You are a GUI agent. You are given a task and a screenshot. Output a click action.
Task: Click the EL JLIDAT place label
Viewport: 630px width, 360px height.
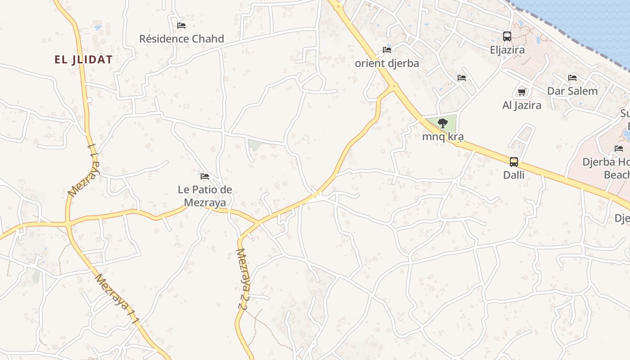pos(83,59)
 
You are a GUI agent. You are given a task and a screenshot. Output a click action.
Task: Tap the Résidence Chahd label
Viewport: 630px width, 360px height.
pos(181,39)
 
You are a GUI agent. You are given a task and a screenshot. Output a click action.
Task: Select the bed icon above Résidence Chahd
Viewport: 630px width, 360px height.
pos(181,25)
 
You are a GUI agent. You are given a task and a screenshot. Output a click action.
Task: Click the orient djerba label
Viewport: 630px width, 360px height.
pos(387,63)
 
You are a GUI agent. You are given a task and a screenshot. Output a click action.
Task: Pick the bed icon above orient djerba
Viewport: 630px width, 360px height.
pos(387,49)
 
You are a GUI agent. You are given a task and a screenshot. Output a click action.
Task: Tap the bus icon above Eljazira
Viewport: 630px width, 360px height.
pos(507,36)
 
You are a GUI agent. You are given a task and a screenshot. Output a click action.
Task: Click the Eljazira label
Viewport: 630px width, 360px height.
pos(507,49)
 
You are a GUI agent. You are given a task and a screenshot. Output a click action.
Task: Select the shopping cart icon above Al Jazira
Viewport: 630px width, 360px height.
pos(522,92)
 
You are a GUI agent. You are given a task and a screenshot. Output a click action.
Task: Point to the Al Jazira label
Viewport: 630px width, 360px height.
pos(522,105)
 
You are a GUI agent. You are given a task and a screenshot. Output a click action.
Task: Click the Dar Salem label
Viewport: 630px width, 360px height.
pos(572,91)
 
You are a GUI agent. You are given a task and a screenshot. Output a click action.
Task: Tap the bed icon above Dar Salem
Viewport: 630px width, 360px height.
pos(572,78)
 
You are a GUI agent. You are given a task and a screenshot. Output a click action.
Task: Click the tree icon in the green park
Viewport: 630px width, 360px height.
pos(443,123)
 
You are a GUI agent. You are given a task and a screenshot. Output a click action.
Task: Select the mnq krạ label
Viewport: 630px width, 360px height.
pos(443,136)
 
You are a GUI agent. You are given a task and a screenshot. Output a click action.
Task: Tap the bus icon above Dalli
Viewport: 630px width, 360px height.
pos(514,162)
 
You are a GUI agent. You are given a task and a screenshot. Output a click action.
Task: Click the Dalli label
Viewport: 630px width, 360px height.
pos(514,175)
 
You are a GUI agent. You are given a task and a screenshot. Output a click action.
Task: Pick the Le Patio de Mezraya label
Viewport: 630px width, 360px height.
pos(205,196)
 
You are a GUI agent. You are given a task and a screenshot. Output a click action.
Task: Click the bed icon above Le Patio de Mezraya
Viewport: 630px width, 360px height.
pos(205,176)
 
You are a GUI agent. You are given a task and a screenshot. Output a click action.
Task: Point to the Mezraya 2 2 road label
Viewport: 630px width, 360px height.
pos(243,279)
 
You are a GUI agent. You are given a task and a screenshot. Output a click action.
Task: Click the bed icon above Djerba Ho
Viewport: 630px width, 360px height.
pos(619,148)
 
